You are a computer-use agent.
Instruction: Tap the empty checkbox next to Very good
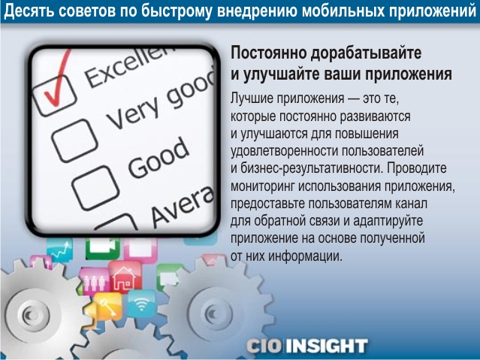point(74,141)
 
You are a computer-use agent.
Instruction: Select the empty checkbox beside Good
point(95,188)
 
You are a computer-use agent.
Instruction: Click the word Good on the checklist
point(158,158)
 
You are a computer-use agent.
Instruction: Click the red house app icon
point(125,277)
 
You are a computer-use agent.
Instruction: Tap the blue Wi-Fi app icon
point(141,304)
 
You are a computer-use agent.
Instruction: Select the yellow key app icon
point(107,307)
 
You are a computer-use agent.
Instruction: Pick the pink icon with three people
point(95,282)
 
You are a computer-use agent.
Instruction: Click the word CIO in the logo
point(264,346)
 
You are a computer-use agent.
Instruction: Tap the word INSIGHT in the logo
point(327,346)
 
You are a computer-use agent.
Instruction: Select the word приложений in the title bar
point(432,11)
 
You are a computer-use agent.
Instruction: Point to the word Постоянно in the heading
point(269,53)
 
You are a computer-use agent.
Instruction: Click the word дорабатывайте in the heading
point(367,53)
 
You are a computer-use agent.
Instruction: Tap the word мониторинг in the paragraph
point(263,186)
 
